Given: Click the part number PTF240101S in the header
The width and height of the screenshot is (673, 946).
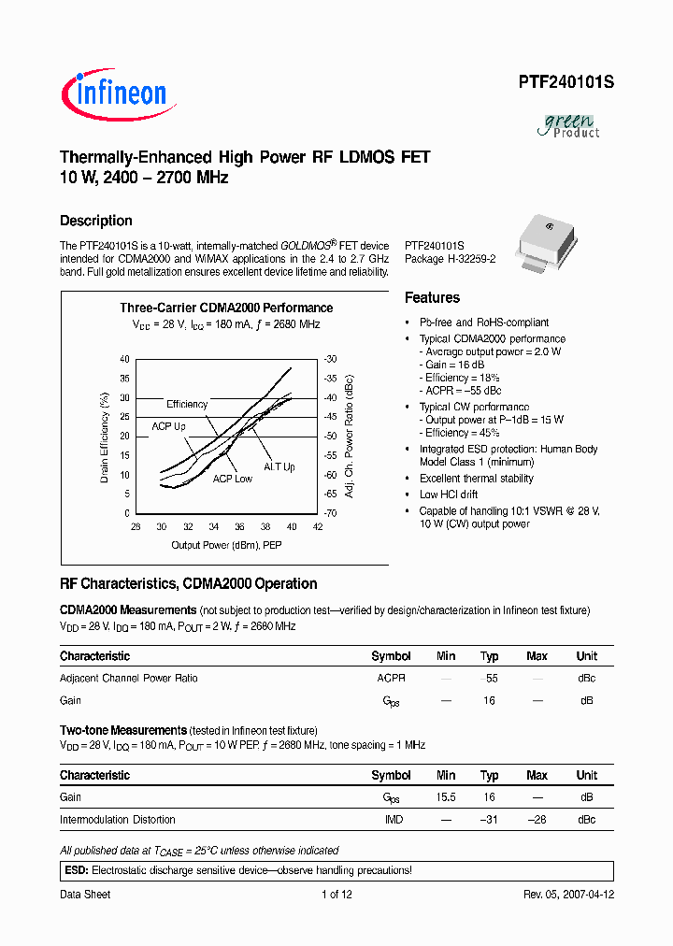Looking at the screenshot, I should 566,82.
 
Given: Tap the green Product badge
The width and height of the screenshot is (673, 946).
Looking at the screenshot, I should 570,125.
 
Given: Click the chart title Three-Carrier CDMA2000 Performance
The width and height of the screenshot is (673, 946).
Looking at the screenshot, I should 226,308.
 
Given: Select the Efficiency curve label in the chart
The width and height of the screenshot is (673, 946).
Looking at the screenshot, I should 187,404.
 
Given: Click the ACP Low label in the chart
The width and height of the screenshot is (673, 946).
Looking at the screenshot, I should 232,479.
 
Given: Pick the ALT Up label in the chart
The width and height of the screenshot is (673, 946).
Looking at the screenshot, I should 279,466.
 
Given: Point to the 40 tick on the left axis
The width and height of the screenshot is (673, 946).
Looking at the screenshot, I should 125,359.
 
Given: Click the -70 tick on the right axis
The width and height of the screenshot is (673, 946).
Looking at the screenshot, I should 330,514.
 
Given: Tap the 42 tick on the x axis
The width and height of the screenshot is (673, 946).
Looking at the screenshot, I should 319,527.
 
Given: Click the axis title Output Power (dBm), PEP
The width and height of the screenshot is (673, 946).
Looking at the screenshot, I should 226,545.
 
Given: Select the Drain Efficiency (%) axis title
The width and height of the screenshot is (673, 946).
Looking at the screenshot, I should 105,437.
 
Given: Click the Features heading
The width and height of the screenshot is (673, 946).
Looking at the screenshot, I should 432,297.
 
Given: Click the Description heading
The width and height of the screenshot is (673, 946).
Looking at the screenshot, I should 96,221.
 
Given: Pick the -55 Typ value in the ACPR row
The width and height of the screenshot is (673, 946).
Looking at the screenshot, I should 488,678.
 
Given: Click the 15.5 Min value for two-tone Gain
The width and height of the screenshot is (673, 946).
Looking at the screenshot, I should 446,797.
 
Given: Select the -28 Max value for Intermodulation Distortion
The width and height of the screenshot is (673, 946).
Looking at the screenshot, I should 537,820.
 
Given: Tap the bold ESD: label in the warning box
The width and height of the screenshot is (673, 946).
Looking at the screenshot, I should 76,870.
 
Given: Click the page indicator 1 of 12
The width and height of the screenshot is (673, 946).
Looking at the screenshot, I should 336,895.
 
